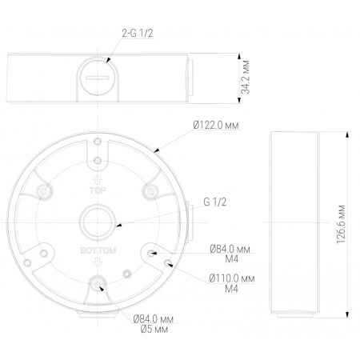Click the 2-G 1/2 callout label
tap(138, 34)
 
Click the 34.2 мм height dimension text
tap(246, 77)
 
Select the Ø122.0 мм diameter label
tap(216, 125)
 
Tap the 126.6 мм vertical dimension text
tap(341, 224)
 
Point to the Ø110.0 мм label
tap(232, 278)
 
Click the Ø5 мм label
tap(154, 330)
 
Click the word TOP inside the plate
tap(98, 190)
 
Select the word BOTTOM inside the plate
tap(98, 250)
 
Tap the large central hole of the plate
tap(98, 222)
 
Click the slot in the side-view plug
tap(98, 78)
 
